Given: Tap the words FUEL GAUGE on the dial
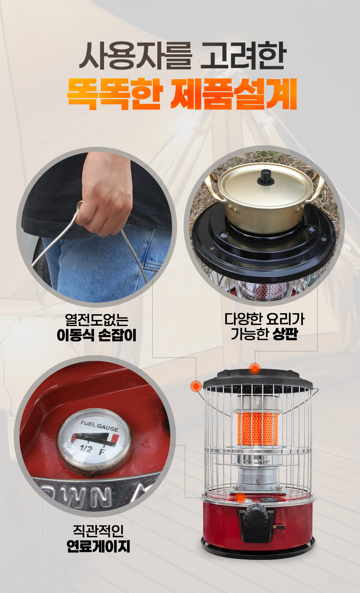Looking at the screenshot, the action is click(x=100, y=426).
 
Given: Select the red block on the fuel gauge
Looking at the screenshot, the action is click(x=115, y=437).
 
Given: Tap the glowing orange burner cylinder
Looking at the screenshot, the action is click(x=257, y=429).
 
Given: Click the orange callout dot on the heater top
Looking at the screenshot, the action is click(x=255, y=368).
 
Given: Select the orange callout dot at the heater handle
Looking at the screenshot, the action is click(x=196, y=386).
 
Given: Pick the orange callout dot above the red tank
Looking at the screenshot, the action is click(x=240, y=498).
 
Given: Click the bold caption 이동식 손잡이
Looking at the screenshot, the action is click(x=97, y=335).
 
